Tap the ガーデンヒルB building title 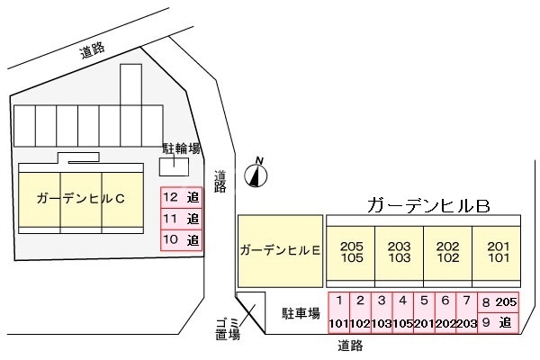coord(427,205)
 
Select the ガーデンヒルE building coord(280,251)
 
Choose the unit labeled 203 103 coord(399,251)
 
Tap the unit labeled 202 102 coord(447,251)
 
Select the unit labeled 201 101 coord(496,251)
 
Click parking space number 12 coord(180,196)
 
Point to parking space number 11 coord(180,218)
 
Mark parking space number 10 coord(180,239)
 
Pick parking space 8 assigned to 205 coord(498,301)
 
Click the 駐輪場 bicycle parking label coord(181,148)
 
